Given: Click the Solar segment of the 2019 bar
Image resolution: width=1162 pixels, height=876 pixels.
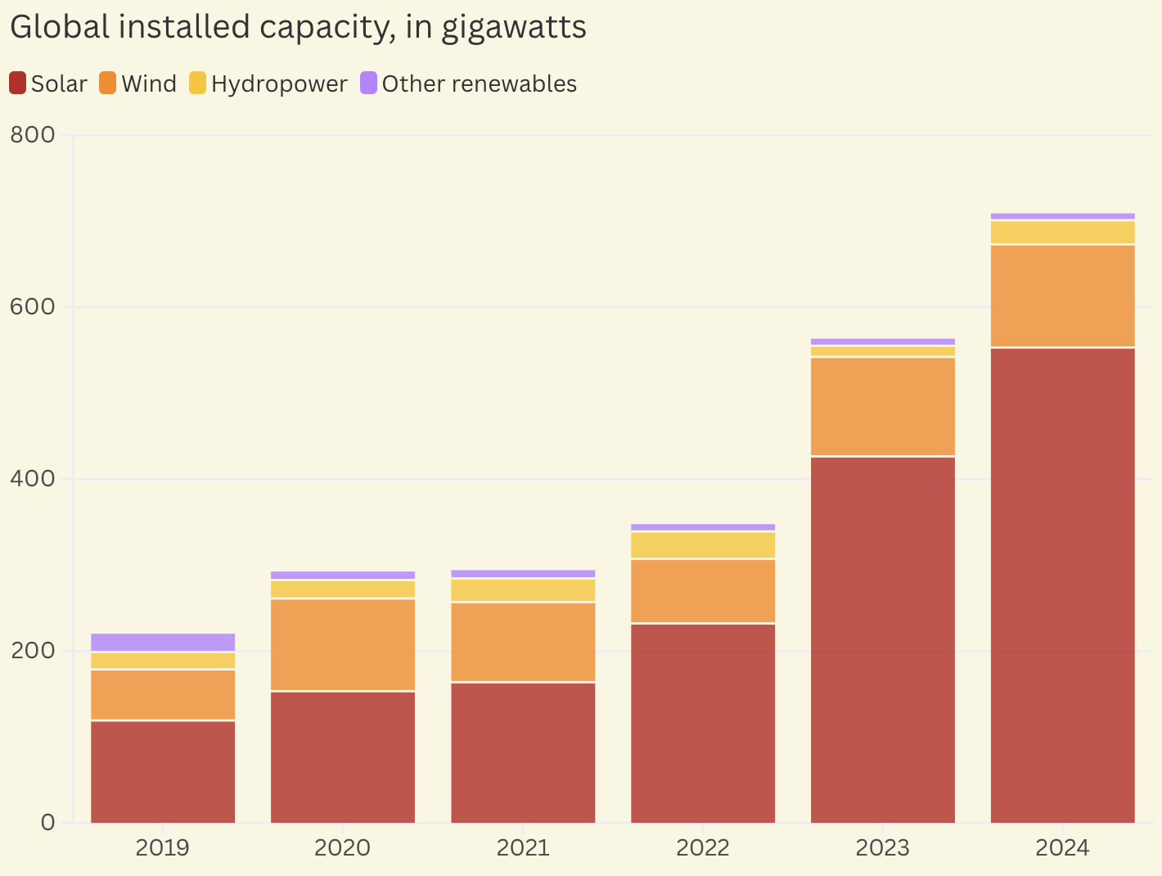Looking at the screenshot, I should (163, 771).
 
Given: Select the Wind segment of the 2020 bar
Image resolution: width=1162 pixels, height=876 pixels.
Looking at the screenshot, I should (343, 644).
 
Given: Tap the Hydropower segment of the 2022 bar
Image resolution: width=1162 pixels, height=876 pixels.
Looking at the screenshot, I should (703, 545).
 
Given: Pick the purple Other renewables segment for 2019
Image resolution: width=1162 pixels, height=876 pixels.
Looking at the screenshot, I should (163, 642).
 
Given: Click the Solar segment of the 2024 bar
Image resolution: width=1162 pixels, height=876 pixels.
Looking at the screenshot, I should (1062, 585).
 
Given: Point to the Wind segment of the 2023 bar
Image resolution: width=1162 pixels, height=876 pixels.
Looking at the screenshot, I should (883, 406).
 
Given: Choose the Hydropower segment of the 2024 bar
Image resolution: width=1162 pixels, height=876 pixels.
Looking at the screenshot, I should (1062, 233).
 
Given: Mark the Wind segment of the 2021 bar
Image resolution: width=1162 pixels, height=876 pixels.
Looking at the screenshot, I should (523, 642).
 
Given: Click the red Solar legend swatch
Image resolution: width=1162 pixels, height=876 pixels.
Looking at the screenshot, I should (18, 84).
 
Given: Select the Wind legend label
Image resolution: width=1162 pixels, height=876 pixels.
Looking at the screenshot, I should (149, 84).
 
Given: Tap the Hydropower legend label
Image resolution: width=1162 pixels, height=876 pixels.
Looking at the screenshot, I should (279, 84).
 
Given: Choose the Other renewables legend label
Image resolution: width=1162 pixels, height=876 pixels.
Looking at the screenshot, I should (480, 84).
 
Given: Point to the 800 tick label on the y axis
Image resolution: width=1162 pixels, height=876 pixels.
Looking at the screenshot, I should (33, 135).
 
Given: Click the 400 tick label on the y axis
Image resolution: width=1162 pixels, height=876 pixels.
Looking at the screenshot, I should (33, 479).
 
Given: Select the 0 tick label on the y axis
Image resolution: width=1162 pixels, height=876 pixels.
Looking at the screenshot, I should (47, 823).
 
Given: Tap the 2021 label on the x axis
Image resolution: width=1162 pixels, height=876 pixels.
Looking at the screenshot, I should (523, 847).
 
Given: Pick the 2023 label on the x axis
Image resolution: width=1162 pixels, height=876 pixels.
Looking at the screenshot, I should (883, 847).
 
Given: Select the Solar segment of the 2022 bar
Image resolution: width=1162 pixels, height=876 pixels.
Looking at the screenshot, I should (703, 723).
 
